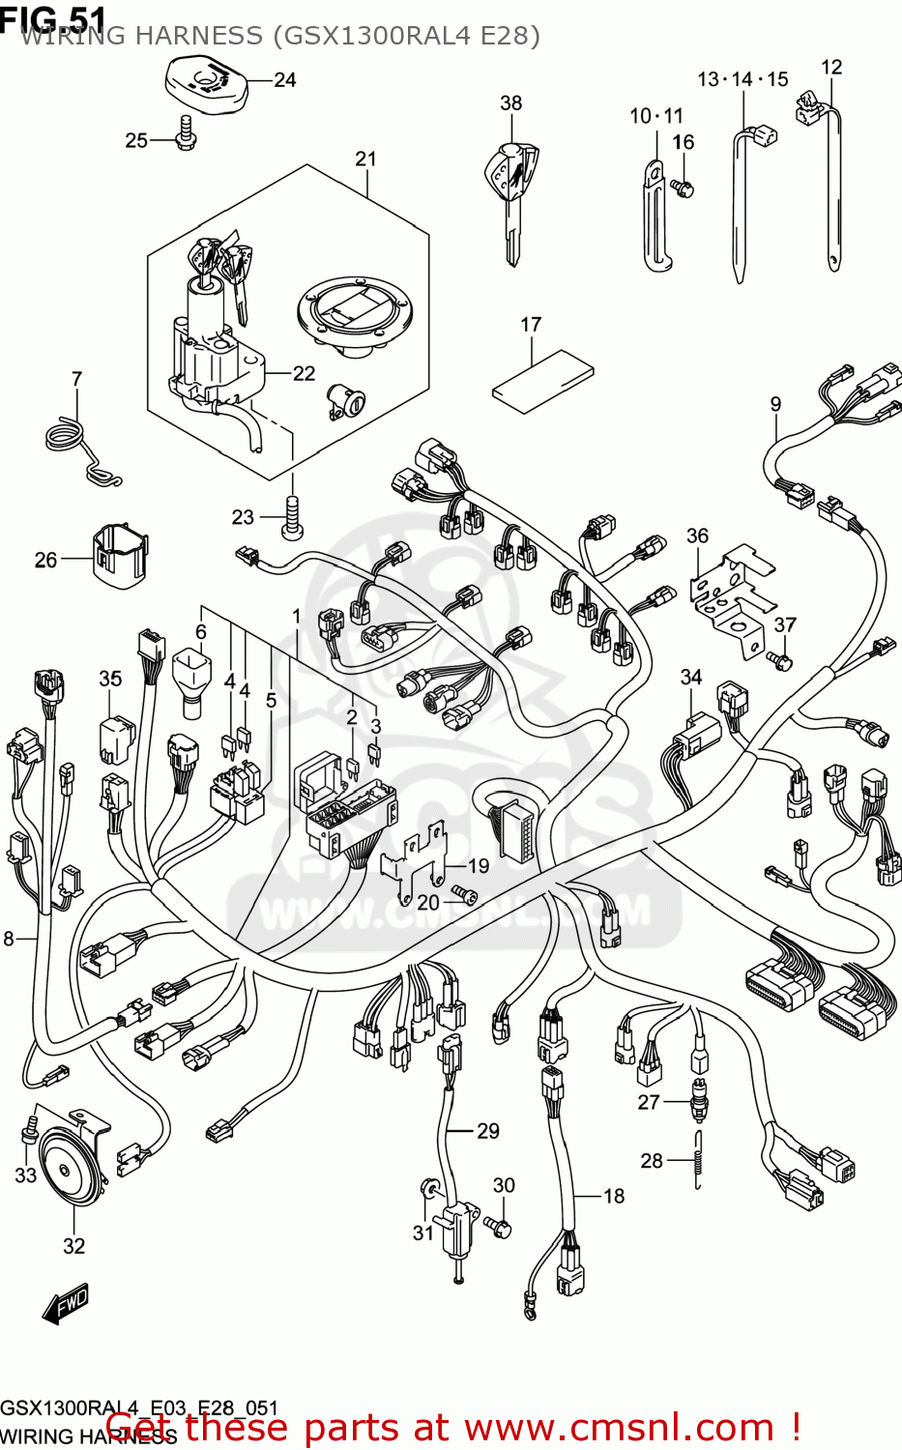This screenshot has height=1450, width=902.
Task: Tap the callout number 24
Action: click(x=284, y=80)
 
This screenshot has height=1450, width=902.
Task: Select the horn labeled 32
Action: click(x=69, y=1165)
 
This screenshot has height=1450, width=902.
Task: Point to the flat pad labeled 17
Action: click(x=542, y=381)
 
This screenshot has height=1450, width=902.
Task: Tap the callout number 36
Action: click(x=697, y=536)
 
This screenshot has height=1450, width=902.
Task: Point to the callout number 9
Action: click(x=775, y=404)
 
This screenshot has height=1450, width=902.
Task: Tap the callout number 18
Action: click(x=614, y=1196)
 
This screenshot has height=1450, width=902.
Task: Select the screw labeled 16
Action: click(x=684, y=188)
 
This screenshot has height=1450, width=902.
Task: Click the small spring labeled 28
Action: click(x=697, y=1159)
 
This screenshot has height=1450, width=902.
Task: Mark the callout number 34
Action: click(x=690, y=677)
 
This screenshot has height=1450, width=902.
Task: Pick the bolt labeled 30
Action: click(x=501, y=1226)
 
